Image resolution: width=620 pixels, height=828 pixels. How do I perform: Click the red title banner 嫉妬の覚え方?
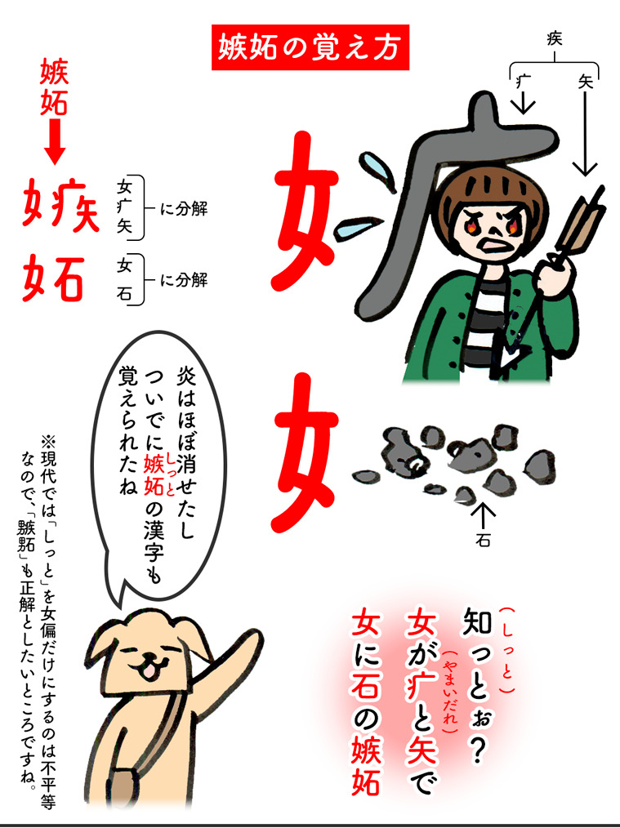[x=310, y=47]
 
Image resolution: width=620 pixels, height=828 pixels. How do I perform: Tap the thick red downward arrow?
[x=55, y=141]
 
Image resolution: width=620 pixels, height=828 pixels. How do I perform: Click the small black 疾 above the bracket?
[x=554, y=38]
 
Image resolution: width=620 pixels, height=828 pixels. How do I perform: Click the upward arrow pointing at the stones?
[x=484, y=516]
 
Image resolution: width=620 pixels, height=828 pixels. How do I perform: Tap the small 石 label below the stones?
[x=483, y=541]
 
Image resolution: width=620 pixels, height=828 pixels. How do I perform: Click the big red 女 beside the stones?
[x=305, y=452]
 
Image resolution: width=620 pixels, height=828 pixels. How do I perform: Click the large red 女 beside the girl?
[x=305, y=207]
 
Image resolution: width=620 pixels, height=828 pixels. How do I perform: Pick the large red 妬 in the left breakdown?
[x=53, y=278]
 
